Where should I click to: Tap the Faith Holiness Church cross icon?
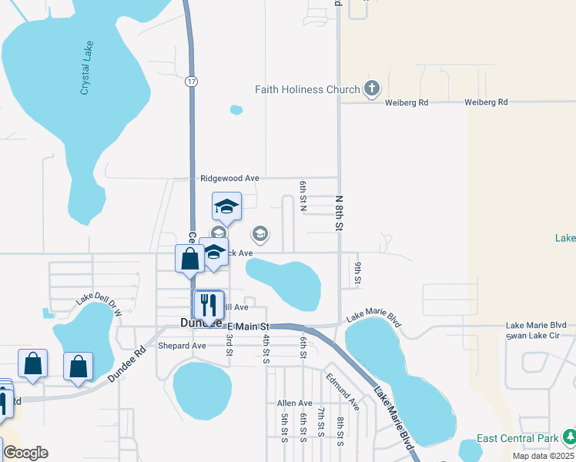click(372, 89)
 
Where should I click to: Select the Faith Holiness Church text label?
click(307, 89)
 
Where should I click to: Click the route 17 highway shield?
click(190, 80)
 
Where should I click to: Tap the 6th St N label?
click(303, 193)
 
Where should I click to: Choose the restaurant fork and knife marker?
click(208, 304)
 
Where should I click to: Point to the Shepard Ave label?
click(182, 346)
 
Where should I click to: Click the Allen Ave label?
click(295, 403)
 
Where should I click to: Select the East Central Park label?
click(517, 439)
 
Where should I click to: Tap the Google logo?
click(25, 453)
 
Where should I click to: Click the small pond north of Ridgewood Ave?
click(236, 109)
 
